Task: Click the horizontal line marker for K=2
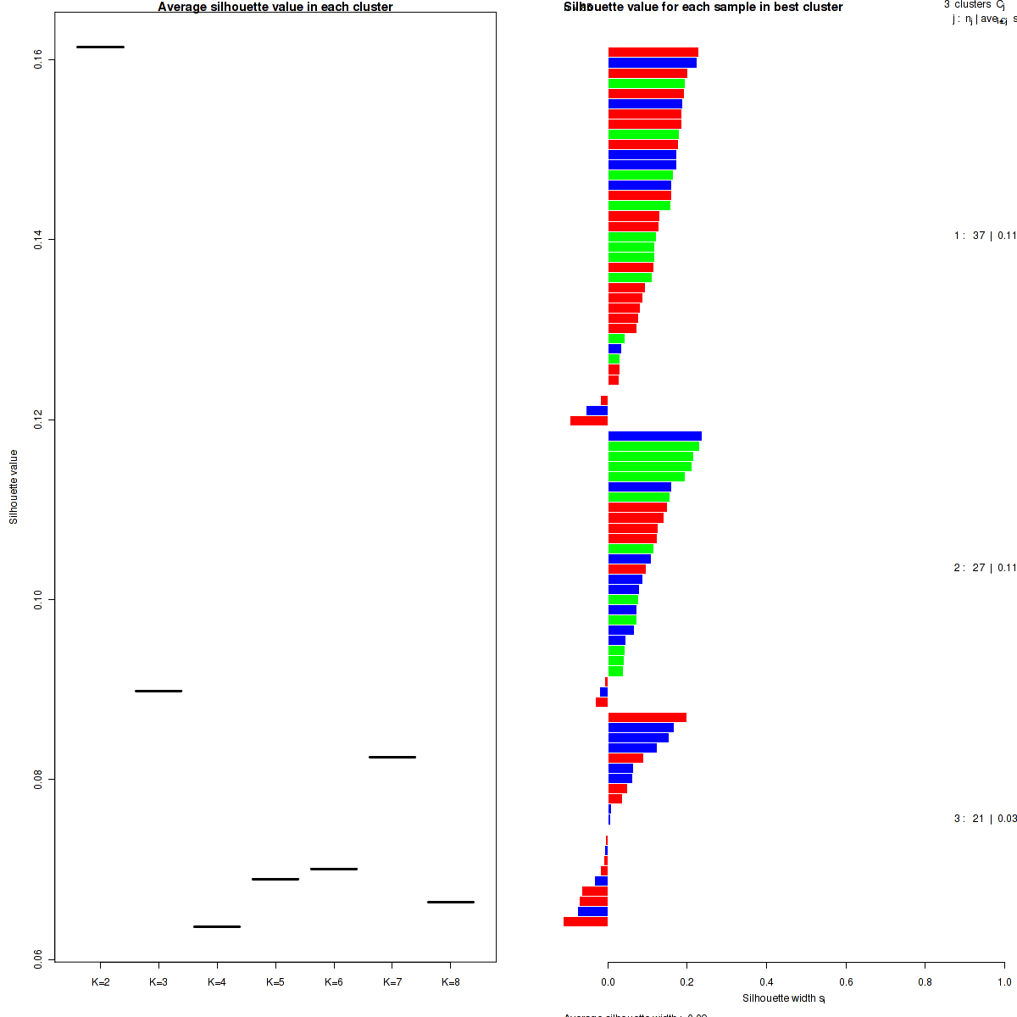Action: tap(100, 47)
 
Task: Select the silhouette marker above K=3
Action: tap(158, 691)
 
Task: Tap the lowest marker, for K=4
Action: tap(217, 926)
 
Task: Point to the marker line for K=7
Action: tap(392, 757)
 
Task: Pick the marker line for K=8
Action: tap(450, 902)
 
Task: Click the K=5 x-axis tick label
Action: tap(275, 982)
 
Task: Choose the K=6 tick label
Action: tap(334, 982)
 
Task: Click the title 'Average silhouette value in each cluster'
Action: tap(275, 7)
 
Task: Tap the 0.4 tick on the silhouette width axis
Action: tap(766, 982)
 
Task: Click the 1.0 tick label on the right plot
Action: tap(1003, 982)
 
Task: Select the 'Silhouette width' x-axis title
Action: tap(783, 998)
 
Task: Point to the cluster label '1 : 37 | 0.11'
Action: tap(984, 236)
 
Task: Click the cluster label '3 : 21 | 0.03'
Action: tap(984, 819)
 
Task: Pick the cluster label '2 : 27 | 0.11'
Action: tap(984, 568)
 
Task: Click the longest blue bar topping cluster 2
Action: tap(654, 436)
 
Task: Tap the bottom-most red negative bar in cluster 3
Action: tap(586, 921)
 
